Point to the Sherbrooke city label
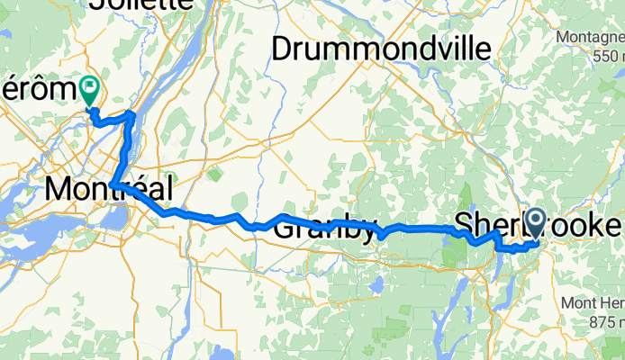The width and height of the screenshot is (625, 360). (539, 223)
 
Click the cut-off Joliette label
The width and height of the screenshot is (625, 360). (140, 4)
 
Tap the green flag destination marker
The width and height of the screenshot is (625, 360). (90, 88)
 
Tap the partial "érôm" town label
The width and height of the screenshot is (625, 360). (36, 89)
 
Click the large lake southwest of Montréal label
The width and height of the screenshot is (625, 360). (27, 235)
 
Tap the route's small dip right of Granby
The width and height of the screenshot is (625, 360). (382, 236)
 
